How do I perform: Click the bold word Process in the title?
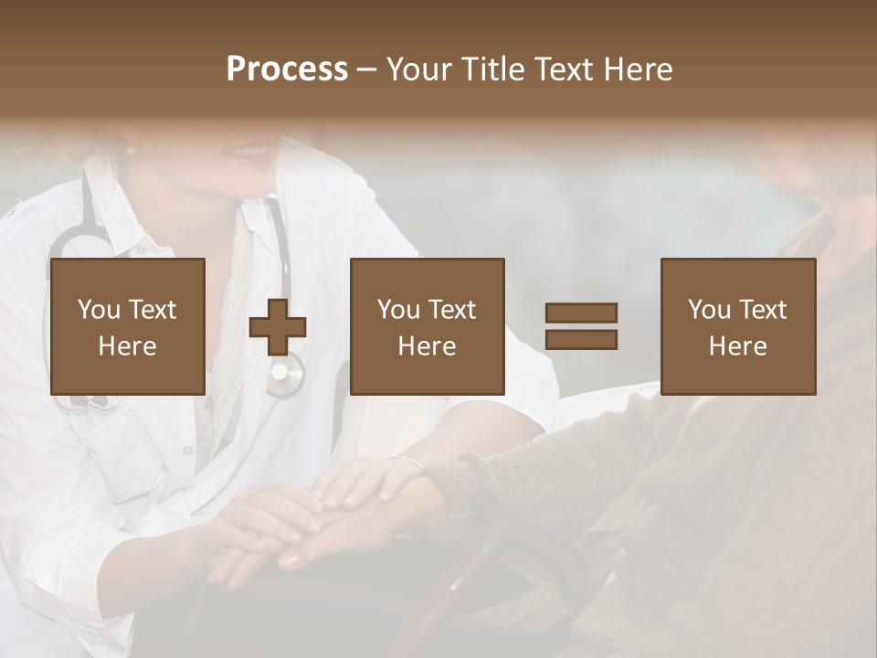click(287, 69)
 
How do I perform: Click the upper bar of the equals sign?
click(581, 313)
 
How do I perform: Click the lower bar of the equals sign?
click(581, 340)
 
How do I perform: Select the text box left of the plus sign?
click(127, 326)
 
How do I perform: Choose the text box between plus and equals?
click(427, 326)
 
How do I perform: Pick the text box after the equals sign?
click(737, 326)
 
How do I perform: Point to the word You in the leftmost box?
click(98, 310)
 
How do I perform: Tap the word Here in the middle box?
click(427, 346)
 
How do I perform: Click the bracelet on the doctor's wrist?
click(407, 462)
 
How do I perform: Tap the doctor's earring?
click(130, 149)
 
